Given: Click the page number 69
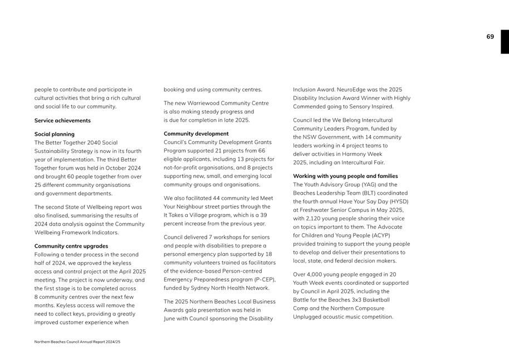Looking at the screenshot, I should [x=490, y=37].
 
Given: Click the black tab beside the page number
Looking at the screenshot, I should [x=505, y=42].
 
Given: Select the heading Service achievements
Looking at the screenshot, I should [x=62, y=120].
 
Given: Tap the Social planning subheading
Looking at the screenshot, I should [x=54, y=134].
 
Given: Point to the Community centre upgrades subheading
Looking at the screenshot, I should [x=71, y=246].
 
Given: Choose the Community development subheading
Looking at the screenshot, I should [x=196, y=134].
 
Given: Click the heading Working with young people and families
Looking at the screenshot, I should [x=345, y=176].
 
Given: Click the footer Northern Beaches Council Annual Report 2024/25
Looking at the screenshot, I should [x=77, y=342].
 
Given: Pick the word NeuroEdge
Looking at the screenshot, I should [x=353, y=90].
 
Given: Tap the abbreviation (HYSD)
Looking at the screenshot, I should [x=398, y=201].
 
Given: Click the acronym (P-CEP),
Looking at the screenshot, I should [x=263, y=279].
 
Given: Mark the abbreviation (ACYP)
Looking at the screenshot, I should [x=379, y=235].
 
